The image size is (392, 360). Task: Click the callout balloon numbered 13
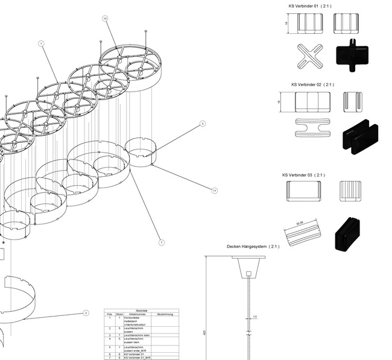pos(105,19)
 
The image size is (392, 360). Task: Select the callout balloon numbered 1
pos(41,43)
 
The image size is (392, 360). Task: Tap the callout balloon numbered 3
pos(203,124)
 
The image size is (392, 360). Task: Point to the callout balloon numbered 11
pos(214,191)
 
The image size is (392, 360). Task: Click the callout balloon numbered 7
pos(162,242)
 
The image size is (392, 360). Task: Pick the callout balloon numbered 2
pos(86,313)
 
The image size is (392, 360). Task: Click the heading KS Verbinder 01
pos(310,6)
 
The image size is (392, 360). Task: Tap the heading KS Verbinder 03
pos(303,175)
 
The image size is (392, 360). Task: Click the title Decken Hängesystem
pos(253,247)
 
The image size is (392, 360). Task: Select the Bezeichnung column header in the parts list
pos(165,314)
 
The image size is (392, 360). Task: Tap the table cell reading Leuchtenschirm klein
pos(138,335)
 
